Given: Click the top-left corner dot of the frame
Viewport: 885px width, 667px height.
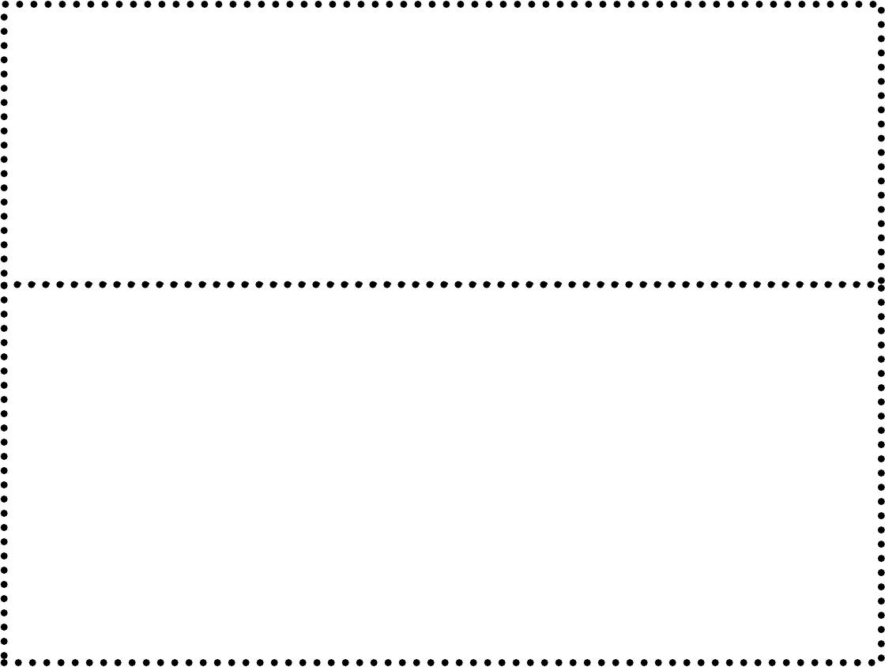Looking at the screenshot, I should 4,4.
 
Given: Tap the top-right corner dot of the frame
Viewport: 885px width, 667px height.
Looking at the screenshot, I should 881,4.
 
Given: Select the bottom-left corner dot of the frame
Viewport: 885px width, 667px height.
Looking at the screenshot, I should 4,661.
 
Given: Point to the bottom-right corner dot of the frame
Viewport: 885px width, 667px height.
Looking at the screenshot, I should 881,661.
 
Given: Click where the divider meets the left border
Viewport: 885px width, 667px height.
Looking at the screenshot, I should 4,284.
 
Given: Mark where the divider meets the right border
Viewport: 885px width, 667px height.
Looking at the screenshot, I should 881,284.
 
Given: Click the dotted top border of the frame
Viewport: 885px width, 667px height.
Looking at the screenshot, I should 442,4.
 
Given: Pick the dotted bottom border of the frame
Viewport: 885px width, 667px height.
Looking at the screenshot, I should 442,661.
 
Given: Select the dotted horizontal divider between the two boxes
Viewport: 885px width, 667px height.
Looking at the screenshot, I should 442,284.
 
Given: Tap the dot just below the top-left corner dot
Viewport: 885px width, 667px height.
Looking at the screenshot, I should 4,18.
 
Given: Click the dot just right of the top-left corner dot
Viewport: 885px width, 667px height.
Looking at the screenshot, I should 18,4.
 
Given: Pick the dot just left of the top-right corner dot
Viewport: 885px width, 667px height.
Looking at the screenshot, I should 867,4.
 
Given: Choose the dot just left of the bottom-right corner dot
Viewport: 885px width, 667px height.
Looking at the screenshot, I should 867,661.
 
